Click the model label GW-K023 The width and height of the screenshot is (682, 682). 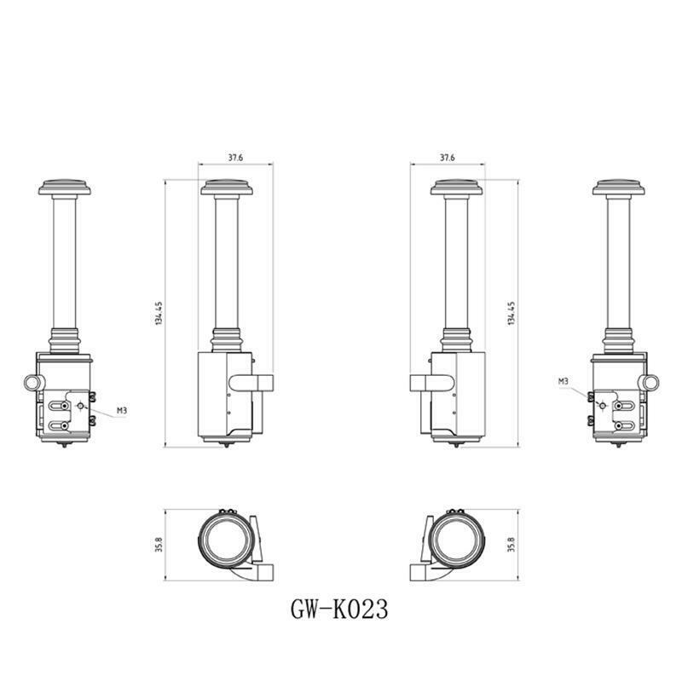pos(338,609)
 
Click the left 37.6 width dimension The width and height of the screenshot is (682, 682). pos(236,158)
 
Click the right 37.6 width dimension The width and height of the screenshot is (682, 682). pos(447,158)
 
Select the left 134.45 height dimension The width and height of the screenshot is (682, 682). pos(159,313)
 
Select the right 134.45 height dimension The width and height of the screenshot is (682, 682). pos(511,313)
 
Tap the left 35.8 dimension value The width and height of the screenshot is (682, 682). pos(159,545)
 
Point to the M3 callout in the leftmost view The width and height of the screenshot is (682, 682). pos(122,410)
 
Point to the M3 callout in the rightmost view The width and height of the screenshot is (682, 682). pos(564,381)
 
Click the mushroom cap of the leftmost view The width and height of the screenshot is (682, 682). pos(65,188)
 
